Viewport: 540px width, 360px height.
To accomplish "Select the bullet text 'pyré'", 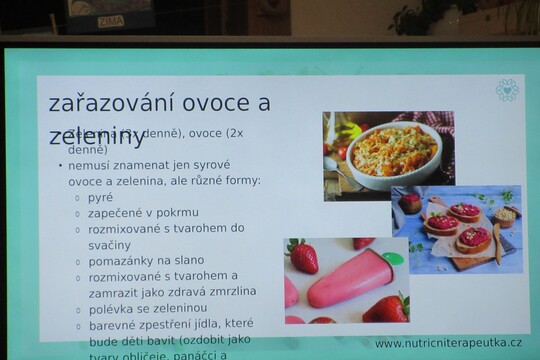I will pos(101,197).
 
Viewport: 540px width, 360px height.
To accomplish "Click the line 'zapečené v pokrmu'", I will pos(143,213).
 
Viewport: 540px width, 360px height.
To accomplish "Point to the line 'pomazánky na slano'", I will pos(146,260).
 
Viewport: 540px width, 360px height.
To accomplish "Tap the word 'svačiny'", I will pos(110,245).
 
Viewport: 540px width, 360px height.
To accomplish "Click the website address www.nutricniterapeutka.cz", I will pos(448,343).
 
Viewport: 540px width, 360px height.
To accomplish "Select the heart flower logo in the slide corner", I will pos(507,90).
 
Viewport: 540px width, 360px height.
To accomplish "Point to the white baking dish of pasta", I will pos(391,154).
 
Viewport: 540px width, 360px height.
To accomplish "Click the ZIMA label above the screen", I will pos(111,20).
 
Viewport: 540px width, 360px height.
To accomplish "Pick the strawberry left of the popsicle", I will pos(302,256).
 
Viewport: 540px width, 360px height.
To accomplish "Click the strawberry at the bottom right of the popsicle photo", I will pos(387,308).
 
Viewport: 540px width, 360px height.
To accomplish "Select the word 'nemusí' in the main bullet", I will pos(91,165).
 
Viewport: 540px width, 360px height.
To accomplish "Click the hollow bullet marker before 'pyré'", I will pos(77,198).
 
